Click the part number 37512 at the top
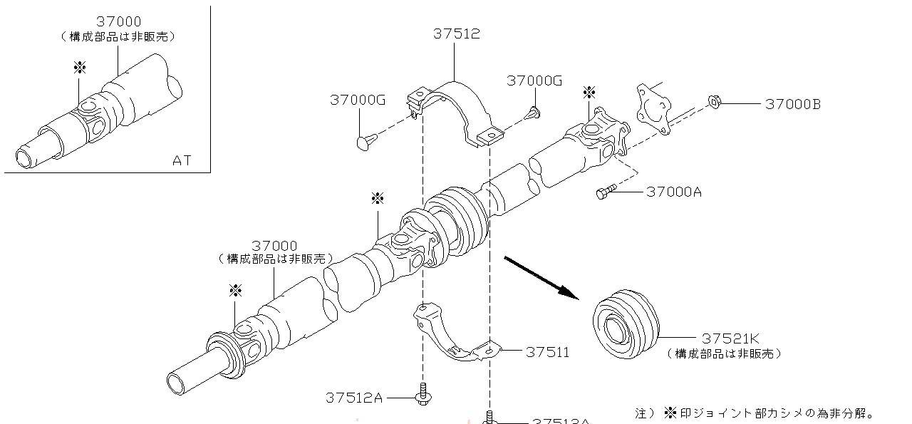[x=457, y=33]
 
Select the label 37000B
[x=793, y=104]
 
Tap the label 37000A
[x=674, y=192]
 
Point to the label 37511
[x=547, y=352]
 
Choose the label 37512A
[x=355, y=398]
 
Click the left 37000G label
[x=358, y=100]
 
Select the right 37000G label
[x=534, y=81]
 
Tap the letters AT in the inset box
[x=182, y=160]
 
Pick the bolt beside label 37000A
[x=605, y=192]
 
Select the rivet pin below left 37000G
[x=363, y=140]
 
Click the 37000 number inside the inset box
[x=118, y=22]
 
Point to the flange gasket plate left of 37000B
[x=654, y=107]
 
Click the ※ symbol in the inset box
[x=80, y=68]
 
